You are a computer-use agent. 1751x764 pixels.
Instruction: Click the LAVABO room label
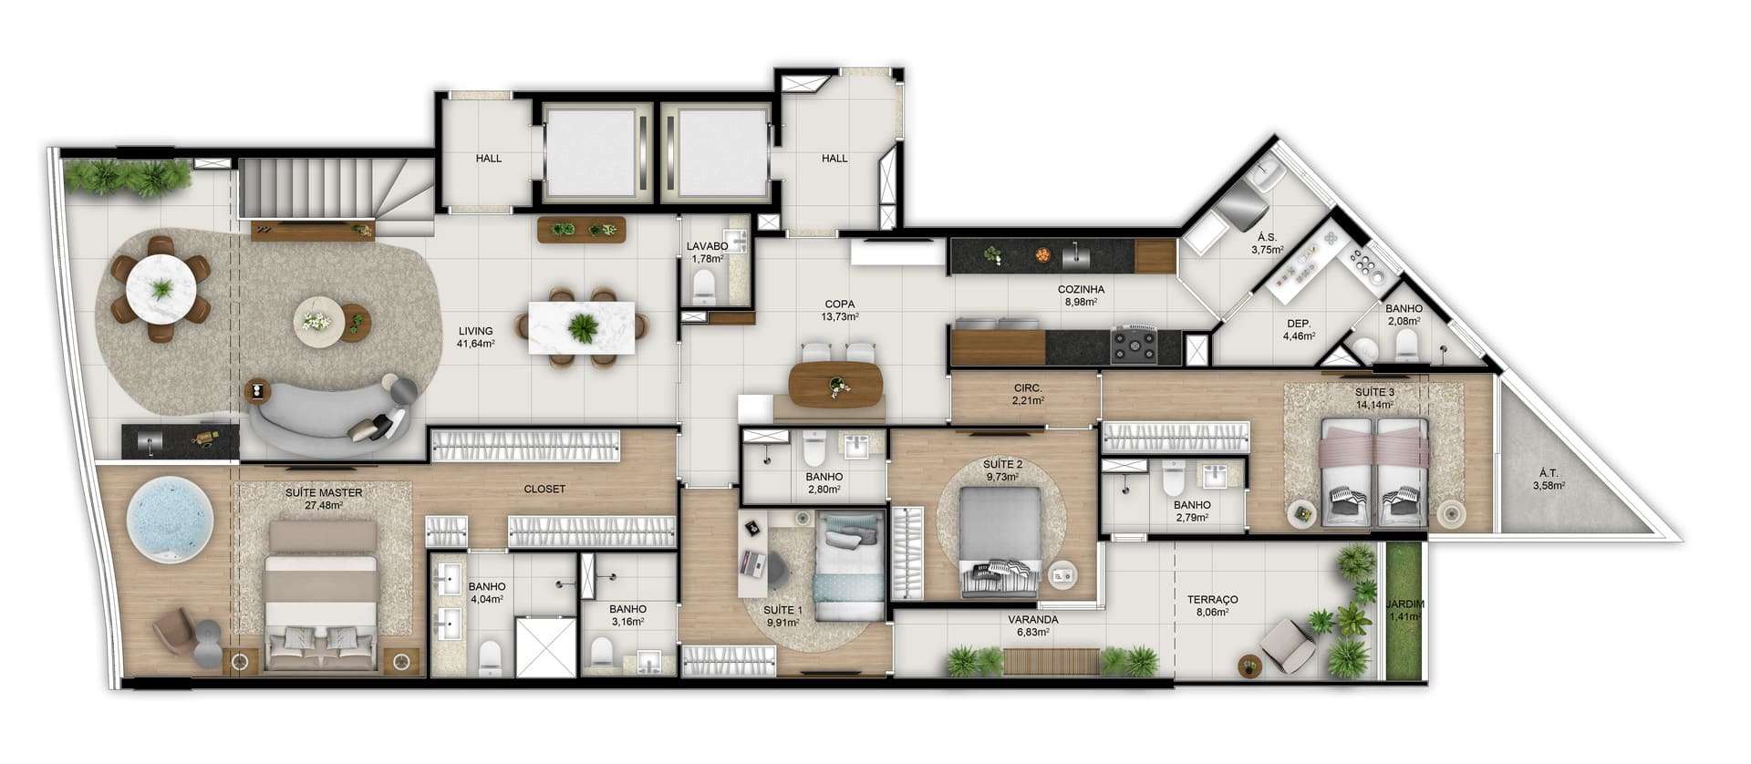tap(707, 246)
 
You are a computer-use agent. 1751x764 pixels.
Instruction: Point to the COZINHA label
tap(1081, 289)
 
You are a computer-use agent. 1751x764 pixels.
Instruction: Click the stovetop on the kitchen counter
tap(1134, 346)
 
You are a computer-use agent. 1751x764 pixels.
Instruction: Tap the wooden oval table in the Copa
tap(836, 385)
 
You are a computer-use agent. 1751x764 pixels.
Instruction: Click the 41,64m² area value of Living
tap(475, 345)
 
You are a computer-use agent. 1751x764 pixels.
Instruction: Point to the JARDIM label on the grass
tap(1404, 604)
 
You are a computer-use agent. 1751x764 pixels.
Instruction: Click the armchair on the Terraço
tap(1287, 645)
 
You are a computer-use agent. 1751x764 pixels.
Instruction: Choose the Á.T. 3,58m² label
tap(1549, 479)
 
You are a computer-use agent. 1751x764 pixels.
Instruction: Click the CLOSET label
tap(544, 489)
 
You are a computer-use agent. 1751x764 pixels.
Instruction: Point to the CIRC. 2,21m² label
tap(1028, 393)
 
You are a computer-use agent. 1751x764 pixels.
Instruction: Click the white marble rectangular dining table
tap(582, 326)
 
